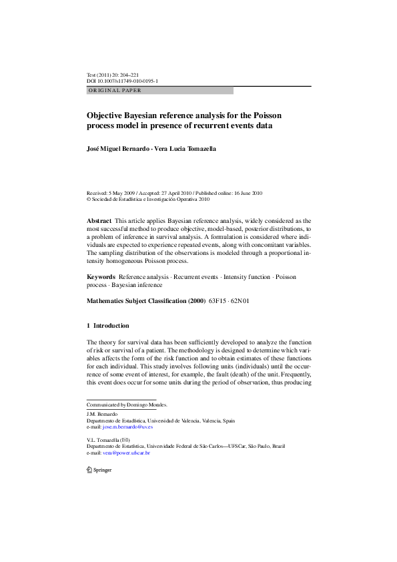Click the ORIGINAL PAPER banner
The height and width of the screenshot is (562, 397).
(x=160, y=90)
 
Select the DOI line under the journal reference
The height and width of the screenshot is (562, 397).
(x=122, y=81)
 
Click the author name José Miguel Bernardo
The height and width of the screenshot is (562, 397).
(x=118, y=149)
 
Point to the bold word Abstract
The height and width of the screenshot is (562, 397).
(x=99, y=220)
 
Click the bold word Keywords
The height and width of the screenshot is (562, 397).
(x=101, y=276)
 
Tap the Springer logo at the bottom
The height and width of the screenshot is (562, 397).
(x=99, y=469)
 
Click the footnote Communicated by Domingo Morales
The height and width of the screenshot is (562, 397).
(x=127, y=404)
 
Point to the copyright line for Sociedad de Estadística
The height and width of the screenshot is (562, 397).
(x=148, y=199)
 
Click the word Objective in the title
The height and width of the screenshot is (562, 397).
(x=109, y=114)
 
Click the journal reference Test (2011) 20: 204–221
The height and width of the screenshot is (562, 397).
(x=113, y=75)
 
